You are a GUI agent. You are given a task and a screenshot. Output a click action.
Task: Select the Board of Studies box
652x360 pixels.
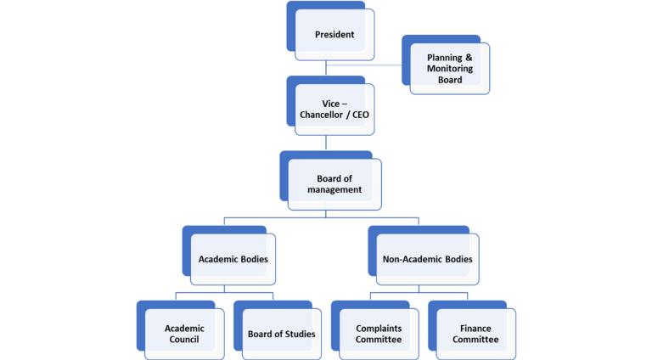click(x=281, y=334)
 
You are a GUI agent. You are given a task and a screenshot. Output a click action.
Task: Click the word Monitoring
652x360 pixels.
click(x=450, y=69)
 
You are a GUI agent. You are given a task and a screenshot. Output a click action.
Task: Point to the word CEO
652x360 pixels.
click(x=357, y=115)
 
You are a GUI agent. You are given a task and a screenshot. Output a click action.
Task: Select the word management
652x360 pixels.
click(x=339, y=189)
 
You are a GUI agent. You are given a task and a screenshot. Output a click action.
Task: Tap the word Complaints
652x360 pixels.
click(x=379, y=328)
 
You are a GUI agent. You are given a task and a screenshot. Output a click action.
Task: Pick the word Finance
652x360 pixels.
click(x=475, y=328)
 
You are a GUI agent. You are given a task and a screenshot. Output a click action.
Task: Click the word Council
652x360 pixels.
click(x=183, y=340)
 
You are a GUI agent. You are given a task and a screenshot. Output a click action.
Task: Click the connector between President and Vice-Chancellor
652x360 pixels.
click(x=326, y=68)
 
